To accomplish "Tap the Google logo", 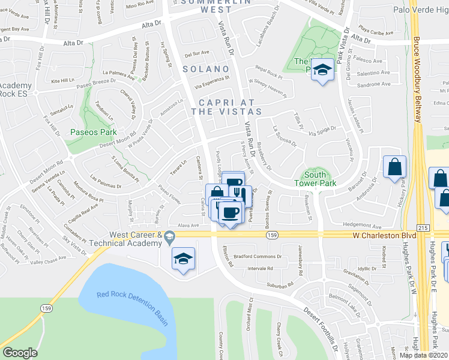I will (19, 352).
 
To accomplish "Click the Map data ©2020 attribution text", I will (423, 355).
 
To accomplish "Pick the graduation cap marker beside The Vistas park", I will (322, 70).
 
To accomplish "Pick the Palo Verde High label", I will (420, 10).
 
